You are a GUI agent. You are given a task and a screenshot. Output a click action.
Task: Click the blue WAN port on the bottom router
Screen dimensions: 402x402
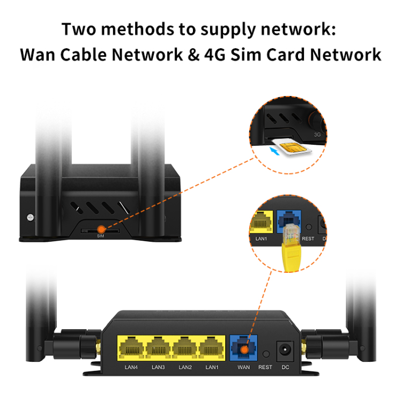244,348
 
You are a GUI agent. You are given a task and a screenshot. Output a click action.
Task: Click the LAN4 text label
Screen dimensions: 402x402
131,368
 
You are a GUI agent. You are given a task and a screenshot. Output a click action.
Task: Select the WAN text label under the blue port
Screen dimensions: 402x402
243,368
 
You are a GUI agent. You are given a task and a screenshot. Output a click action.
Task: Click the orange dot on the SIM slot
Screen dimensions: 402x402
100,229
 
